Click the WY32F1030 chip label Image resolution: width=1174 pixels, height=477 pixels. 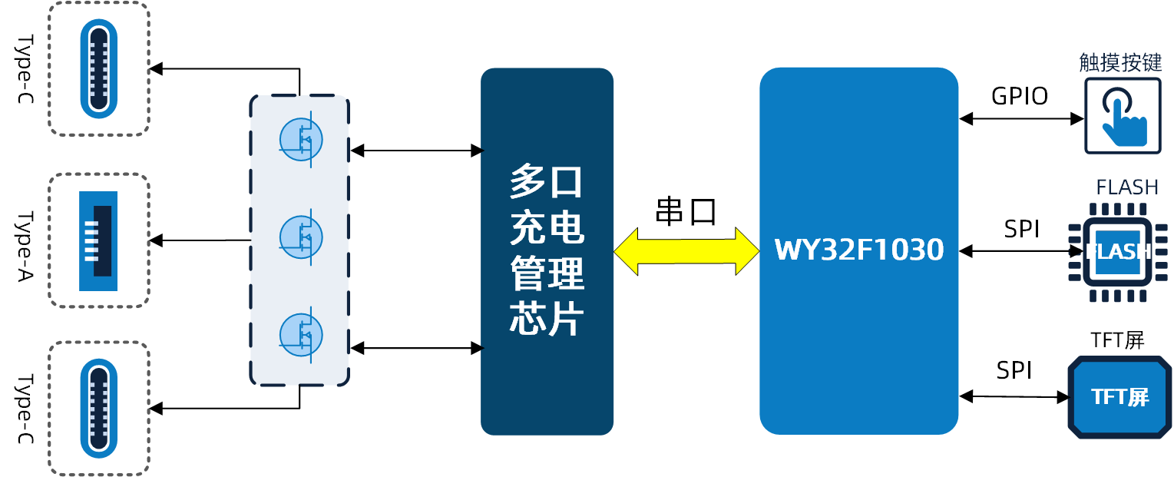pyautogui.click(x=858, y=250)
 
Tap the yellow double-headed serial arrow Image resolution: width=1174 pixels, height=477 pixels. pyautogui.click(x=686, y=251)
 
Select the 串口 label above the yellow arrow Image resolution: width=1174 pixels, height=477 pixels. pyautogui.click(x=685, y=211)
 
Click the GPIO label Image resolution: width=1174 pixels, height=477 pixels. pyautogui.click(x=1020, y=96)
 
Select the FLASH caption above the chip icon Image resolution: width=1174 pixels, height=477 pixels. pyautogui.click(x=1126, y=187)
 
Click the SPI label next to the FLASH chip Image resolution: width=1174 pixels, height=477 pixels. pyautogui.click(x=1022, y=228)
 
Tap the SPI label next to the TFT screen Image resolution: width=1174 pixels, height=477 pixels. pyautogui.click(x=1014, y=370)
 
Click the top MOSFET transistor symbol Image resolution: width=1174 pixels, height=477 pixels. pyautogui.click(x=301, y=139)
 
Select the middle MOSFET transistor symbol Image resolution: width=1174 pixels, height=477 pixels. pyautogui.click(x=301, y=237)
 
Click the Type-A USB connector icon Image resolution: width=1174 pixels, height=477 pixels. pyautogui.click(x=98, y=240)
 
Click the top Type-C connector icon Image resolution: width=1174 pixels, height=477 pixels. pyautogui.click(x=98, y=68)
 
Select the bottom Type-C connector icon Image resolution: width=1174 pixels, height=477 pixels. pyautogui.click(x=98, y=409)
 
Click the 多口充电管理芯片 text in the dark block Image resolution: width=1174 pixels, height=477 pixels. pyautogui.click(x=547, y=251)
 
